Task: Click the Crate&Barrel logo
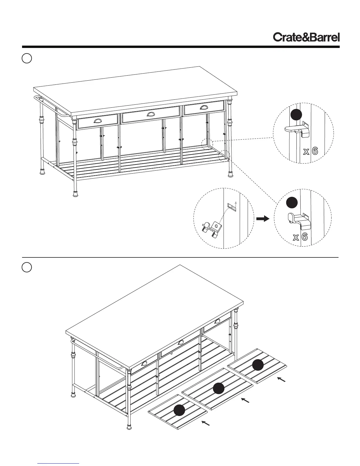click(306, 37)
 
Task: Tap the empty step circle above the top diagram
click(27, 58)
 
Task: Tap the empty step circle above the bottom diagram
click(27, 267)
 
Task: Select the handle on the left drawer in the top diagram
click(98, 121)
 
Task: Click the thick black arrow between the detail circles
click(263, 219)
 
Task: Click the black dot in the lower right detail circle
click(292, 203)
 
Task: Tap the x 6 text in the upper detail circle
click(311, 152)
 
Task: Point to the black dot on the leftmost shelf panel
click(179, 410)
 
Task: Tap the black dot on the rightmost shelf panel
click(258, 365)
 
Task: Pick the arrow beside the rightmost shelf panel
click(281, 380)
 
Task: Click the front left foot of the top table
click(76, 194)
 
